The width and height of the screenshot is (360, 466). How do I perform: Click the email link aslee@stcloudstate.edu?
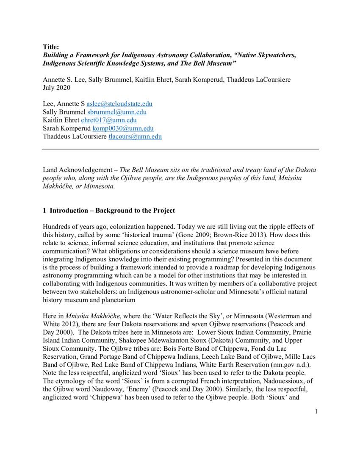click(x=119, y=104)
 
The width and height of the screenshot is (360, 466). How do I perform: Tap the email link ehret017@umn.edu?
click(x=103, y=120)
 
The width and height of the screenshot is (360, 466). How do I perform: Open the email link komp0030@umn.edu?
click(x=126, y=128)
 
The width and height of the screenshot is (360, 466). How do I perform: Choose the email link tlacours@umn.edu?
click(x=135, y=136)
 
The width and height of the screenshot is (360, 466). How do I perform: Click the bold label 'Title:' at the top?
click(x=51, y=47)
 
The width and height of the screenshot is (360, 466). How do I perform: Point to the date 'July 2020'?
click(x=57, y=88)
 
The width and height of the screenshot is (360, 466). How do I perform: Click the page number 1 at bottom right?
click(x=316, y=411)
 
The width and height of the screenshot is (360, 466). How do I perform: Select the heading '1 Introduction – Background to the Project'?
click(x=109, y=211)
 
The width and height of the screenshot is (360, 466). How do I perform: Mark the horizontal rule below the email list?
click(x=180, y=149)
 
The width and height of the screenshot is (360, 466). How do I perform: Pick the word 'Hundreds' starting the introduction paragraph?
click(x=57, y=227)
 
